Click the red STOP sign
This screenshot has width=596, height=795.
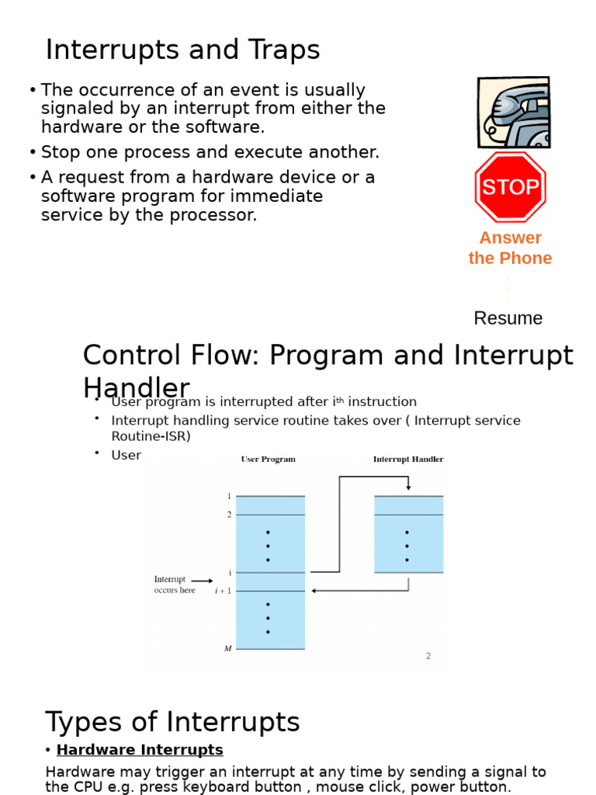[510, 187]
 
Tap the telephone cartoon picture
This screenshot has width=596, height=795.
[514, 113]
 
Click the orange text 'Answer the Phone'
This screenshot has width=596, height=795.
[510, 248]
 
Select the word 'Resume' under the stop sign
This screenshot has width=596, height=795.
[508, 318]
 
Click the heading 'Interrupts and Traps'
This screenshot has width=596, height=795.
[182, 50]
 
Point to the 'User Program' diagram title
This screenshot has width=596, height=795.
[268, 459]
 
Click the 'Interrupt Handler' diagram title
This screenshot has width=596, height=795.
[408, 459]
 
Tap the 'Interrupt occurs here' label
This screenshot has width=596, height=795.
[174, 585]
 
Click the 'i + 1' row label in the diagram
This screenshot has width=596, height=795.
[223, 591]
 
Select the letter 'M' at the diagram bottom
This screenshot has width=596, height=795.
[227, 648]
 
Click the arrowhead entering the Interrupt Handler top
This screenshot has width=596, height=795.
[408, 488]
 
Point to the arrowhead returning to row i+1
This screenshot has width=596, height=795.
[314, 591]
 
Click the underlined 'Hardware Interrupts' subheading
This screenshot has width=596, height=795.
[140, 750]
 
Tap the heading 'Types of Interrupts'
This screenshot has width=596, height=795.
[172, 722]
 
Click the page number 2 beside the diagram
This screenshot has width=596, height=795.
[428, 656]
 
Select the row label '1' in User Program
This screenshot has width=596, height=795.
[228, 496]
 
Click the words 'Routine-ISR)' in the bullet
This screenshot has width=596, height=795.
[151, 436]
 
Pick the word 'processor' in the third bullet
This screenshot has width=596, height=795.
[217, 215]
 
